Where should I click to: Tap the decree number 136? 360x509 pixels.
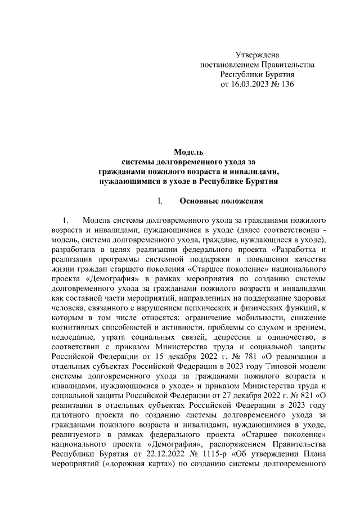287,84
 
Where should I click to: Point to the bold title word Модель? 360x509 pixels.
188,152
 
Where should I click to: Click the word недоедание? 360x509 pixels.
73,336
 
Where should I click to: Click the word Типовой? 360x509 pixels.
272,365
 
